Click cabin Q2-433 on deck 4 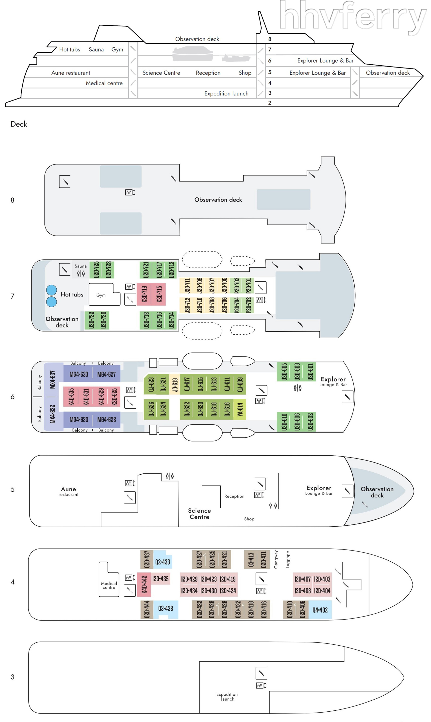coord(162,562)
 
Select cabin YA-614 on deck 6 coord(240,409)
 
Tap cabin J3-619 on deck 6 coord(175,384)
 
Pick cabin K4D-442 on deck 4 coord(144,584)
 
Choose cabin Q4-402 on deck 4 coord(320,610)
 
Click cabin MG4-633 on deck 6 coord(79,374)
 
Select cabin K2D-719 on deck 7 coord(144,294)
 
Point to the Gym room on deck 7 coord(101,295)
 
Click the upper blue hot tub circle coord(51,290)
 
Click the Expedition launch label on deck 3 coord(227,696)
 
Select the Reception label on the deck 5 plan coord(234,496)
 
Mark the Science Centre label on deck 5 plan coord(199,514)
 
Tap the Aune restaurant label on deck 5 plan coord(68,491)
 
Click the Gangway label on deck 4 coord(276,559)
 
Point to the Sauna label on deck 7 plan coord(81,266)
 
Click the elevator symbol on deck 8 coord(130,192)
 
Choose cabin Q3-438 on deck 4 coord(165,608)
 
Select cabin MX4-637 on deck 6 coord(52,379)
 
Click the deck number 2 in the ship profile coord(270,103)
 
